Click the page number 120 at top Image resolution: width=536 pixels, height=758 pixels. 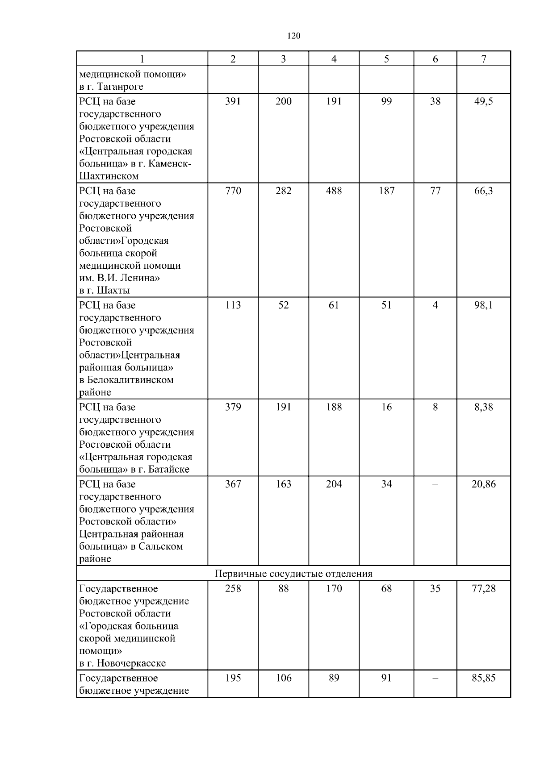pyautogui.click(x=293, y=36)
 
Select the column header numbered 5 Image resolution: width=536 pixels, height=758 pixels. pyautogui.click(x=386, y=59)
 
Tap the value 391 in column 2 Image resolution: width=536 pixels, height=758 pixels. pyautogui.click(x=233, y=101)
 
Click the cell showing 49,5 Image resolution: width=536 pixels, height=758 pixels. pyautogui.click(x=483, y=101)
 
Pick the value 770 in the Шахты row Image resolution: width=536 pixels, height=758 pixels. pyautogui.click(x=233, y=191)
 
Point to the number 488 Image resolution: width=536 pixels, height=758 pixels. pyautogui.click(x=334, y=191)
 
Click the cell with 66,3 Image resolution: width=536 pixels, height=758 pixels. pyautogui.click(x=483, y=191)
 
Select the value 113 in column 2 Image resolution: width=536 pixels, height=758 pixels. pyautogui.click(x=233, y=305)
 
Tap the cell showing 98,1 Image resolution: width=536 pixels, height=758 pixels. pyautogui.click(x=483, y=305)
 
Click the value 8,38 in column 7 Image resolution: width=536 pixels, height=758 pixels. pyautogui.click(x=483, y=407)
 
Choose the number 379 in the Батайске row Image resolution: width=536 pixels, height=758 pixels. pyautogui.click(x=233, y=407)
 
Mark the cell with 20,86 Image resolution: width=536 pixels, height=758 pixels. pyautogui.click(x=483, y=484)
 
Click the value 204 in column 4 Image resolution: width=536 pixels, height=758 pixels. pyautogui.click(x=334, y=484)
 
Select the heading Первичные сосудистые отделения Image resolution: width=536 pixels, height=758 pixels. pyautogui.click(x=293, y=574)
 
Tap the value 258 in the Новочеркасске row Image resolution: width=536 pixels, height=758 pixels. pyautogui.click(x=233, y=589)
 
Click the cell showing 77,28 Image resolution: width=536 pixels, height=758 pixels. pyautogui.click(x=483, y=589)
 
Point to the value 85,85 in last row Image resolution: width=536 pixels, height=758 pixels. pyautogui.click(x=483, y=678)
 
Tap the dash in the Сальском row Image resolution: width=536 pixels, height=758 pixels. pyautogui.click(x=435, y=484)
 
